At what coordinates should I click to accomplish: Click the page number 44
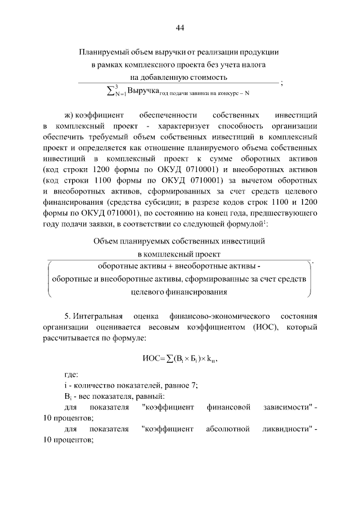click(x=180, y=28)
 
